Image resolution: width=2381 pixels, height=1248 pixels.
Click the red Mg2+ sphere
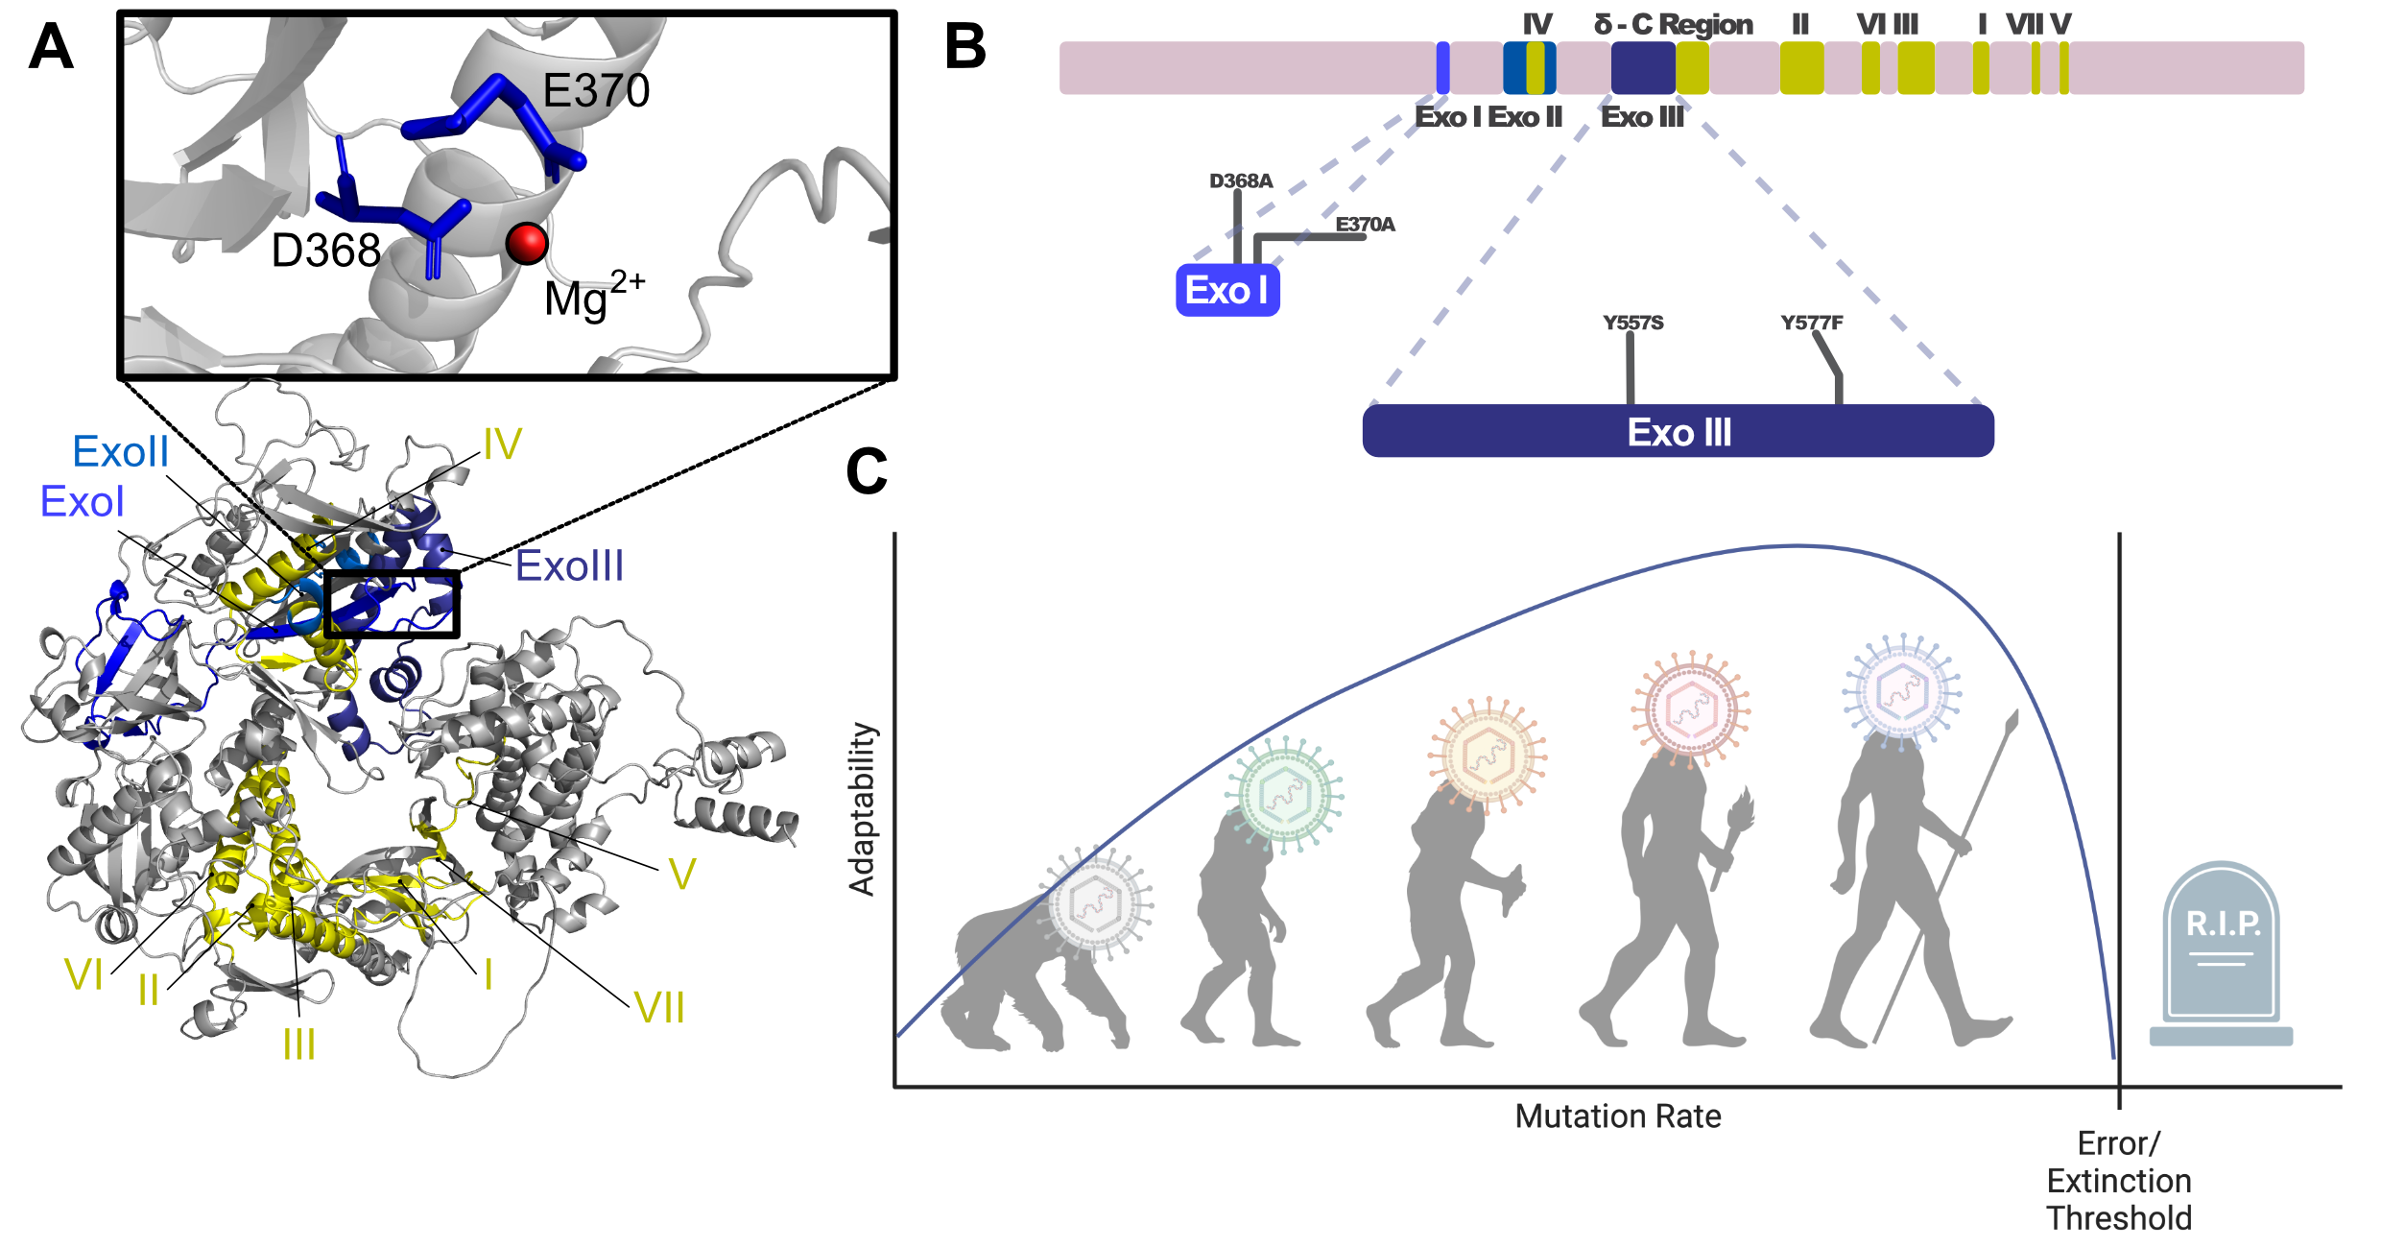tap(527, 244)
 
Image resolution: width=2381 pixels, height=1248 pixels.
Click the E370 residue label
tap(596, 91)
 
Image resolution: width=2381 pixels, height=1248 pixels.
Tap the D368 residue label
tap(326, 252)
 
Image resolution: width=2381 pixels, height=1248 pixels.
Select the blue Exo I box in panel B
tap(1226, 290)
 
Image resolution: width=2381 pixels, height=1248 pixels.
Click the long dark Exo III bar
tap(1678, 432)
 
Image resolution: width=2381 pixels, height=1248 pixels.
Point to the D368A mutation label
tap(1241, 181)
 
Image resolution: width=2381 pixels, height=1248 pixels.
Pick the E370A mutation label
tap(1365, 225)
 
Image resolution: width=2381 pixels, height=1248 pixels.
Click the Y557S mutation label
tap(1632, 323)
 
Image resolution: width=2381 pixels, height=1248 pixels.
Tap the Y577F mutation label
tap(1811, 323)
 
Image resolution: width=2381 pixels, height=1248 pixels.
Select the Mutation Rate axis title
tap(1617, 1116)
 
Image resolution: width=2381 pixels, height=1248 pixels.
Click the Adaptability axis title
tap(862, 808)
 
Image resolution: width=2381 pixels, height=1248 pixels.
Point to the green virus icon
tap(1284, 794)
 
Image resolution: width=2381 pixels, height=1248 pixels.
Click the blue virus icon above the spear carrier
tap(1901, 690)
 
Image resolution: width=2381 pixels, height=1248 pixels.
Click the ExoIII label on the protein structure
tap(569, 566)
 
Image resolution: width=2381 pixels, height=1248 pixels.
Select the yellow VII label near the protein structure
tap(659, 1008)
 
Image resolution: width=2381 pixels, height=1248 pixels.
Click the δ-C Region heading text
tap(1673, 25)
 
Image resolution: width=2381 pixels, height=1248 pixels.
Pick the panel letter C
tap(866, 472)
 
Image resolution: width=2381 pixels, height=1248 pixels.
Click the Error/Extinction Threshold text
tap(2119, 1181)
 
